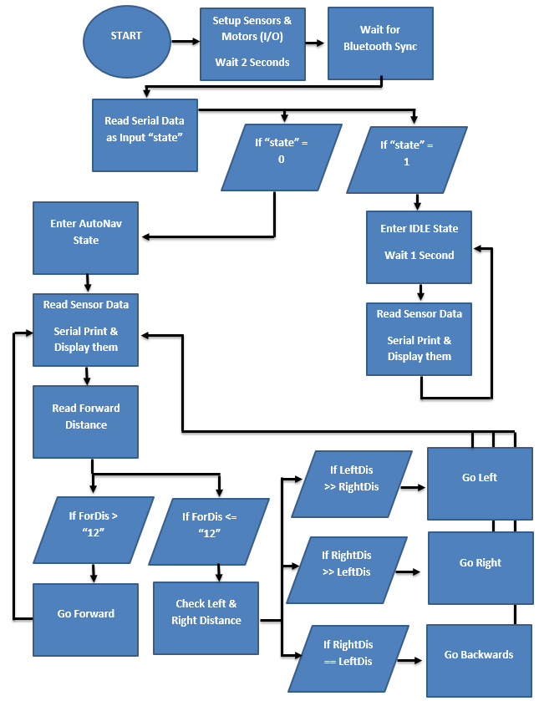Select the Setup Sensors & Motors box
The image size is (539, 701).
pyautogui.click(x=252, y=43)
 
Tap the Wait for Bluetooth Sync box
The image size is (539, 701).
pyautogui.click(x=380, y=43)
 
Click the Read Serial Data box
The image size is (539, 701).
pyautogui.click(x=145, y=133)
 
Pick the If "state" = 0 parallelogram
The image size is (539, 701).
pyautogui.click(x=282, y=157)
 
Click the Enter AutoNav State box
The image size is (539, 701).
pyautogui.click(x=86, y=237)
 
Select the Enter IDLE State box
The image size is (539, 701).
pyautogui.click(x=420, y=246)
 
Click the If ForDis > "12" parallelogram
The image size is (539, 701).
pyautogui.click(x=94, y=530)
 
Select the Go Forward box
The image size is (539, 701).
pyautogui.click(x=86, y=619)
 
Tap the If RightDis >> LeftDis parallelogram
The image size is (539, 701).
pyautogui.click(x=347, y=570)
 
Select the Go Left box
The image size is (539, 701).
pyautogui.click(x=480, y=484)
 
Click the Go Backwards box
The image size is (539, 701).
pyautogui.click(x=479, y=660)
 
